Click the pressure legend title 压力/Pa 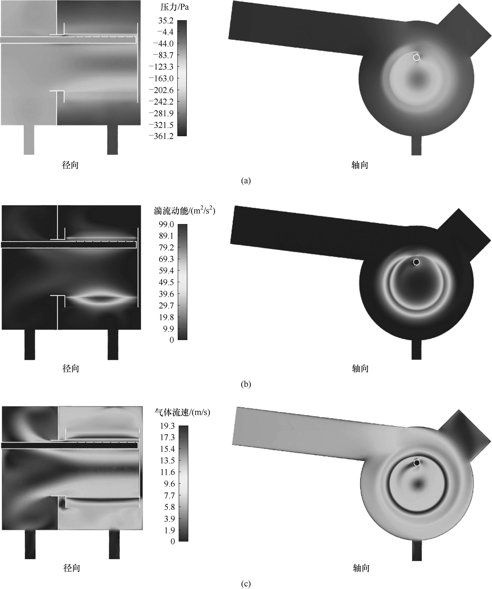[175, 7]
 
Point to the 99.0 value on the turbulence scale [166, 224]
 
